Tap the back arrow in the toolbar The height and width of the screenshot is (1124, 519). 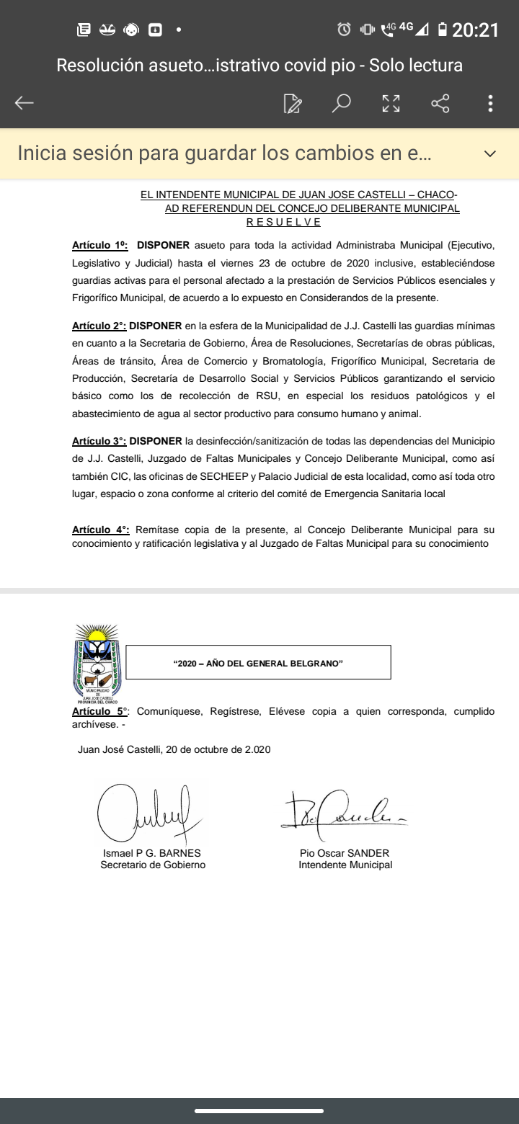25,103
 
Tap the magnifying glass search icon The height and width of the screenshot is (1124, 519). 341,103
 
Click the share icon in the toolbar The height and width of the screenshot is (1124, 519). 440,103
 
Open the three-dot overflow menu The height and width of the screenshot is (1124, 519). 490,103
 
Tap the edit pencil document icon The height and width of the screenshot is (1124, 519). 293,103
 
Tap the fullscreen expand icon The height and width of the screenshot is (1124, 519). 391,103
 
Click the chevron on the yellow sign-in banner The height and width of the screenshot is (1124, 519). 490,153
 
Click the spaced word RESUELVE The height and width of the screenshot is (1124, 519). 283,222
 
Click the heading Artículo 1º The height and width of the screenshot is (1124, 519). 99,246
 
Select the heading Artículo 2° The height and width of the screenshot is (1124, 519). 99,326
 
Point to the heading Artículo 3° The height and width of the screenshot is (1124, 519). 99,441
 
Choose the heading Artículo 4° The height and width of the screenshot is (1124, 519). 101,530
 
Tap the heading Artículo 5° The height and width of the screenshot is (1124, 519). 101,711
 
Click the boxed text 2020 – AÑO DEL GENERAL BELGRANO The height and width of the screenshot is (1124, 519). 258,663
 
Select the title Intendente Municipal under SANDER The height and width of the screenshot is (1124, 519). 345,865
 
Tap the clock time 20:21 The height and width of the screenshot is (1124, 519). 475,30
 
